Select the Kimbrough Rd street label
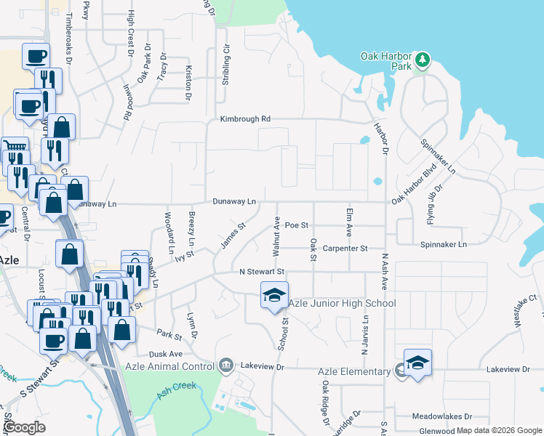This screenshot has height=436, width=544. coord(246,118)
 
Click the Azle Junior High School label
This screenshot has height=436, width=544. coord(342,303)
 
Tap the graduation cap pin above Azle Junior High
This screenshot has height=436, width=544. coord(274,296)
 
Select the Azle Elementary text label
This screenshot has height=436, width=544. coord(354,371)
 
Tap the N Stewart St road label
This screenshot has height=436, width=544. coord(261,271)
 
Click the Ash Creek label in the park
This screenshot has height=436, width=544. coord(175,390)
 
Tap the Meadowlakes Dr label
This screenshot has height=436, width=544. coord(442,416)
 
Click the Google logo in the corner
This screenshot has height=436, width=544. coord(25,427)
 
